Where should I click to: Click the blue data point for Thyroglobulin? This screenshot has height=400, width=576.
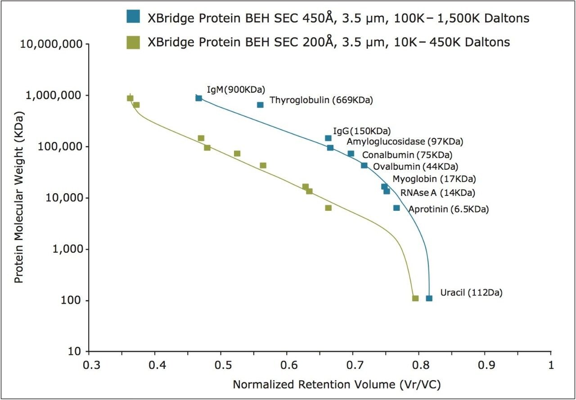coord(260,105)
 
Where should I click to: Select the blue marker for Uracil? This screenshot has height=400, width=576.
coord(429,298)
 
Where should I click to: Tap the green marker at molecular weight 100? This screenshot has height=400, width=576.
coord(415,298)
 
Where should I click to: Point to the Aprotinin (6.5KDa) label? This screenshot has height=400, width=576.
coord(448,209)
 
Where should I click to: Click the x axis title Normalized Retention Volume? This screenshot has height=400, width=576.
coord(336,384)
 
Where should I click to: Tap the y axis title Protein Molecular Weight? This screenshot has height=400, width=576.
coord(19,197)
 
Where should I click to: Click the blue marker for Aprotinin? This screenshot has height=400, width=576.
coord(396,208)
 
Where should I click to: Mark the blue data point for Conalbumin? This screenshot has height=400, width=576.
coord(351,154)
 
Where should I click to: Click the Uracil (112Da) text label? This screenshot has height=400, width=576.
coord(471,293)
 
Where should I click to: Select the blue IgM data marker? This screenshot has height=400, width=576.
coord(198,98)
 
